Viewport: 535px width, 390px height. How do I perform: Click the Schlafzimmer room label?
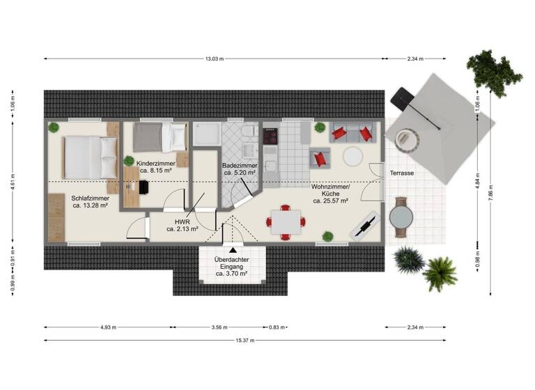(x=89, y=201)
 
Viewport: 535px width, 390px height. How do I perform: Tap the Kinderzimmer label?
(x=157, y=166)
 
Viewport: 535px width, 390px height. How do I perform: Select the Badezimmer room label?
(x=239, y=169)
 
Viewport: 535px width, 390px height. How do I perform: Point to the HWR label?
(x=183, y=224)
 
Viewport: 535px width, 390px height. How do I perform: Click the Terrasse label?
(x=403, y=172)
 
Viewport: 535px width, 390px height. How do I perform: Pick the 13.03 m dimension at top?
(x=215, y=58)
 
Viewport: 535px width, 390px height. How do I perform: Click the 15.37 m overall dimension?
(x=243, y=340)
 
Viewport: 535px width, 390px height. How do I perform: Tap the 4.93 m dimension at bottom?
(x=108, y=327)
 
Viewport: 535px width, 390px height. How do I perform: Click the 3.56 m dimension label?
(x=219, y=327)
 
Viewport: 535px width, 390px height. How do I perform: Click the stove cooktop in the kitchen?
(x=270, y=135)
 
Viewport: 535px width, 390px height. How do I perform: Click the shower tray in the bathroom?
(x=207, y=136)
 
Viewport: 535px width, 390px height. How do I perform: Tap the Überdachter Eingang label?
(x=231, y=267)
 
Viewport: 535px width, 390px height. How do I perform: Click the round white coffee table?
(x=352, y=156)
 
